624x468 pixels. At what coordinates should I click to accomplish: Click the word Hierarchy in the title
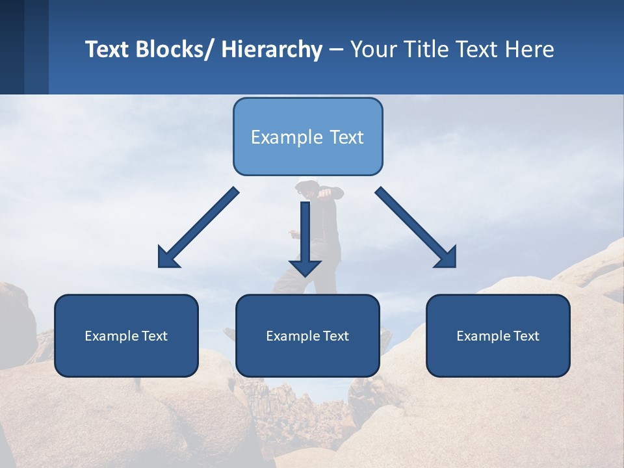(272, 49)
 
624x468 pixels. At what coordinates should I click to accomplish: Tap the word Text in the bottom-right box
(526, 336)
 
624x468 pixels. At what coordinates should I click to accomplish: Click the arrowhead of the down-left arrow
(168, 258)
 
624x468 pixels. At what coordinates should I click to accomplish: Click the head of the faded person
(307, 187)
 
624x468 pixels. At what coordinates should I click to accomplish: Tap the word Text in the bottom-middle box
(335, 336)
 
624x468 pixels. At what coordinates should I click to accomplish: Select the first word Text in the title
(108, 49)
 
